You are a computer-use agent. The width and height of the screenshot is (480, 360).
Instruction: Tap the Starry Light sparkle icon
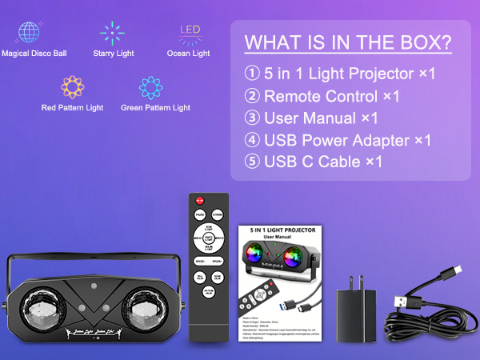point(112,33)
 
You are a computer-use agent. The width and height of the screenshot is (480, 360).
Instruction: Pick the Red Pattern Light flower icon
point(74,86)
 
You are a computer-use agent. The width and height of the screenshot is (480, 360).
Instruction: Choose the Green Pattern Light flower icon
point(150,86)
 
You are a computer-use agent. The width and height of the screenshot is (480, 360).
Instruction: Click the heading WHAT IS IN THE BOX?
point(346,42)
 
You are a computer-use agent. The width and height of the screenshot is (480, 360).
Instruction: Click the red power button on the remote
point(200,201)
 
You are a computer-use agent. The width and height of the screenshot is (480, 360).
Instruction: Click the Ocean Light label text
point(189,54)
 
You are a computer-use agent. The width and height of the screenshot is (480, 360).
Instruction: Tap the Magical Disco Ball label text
point(34,54)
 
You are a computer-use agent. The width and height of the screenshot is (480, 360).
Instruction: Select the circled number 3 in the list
point(251,118)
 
